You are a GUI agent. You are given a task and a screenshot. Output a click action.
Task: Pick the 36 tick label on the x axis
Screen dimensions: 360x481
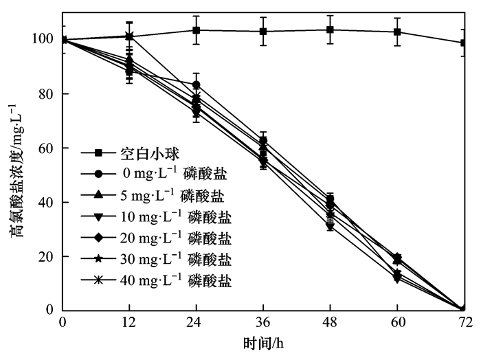point(263,322)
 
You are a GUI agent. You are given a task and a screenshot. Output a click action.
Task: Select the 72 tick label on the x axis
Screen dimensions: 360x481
point(465,322)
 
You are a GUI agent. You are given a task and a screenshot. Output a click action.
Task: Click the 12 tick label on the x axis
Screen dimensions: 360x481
point(129,322)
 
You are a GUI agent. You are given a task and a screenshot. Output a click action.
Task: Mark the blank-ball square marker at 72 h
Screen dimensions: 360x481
point(465,43)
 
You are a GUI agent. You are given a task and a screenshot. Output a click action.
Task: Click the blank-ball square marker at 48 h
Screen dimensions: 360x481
point(331,30)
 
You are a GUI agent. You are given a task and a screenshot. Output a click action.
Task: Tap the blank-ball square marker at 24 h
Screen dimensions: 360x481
point(197,30)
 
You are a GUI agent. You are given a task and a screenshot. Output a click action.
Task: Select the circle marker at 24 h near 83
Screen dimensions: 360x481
point(197,85)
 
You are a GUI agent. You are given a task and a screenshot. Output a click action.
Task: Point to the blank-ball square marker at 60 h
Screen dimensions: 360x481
point(397,32)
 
